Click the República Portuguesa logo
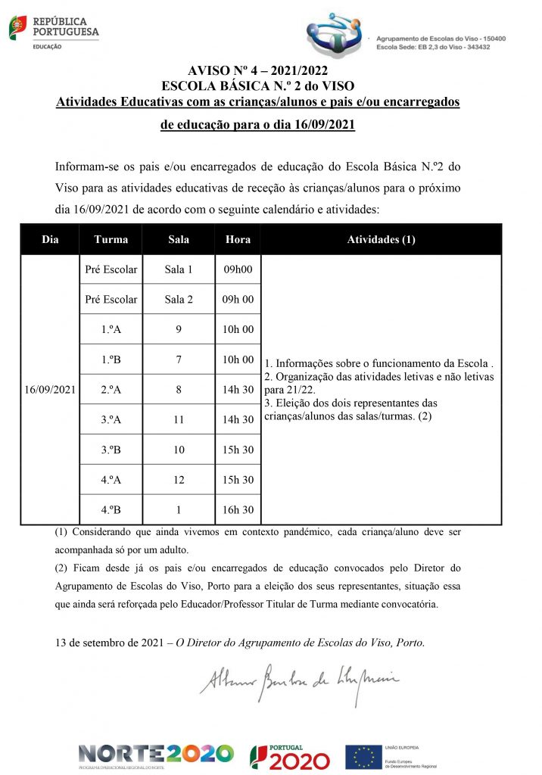click(54, 30)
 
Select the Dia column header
click(50, 240)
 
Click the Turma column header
click(111, 240)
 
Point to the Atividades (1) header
click(381, 240)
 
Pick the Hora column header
click(238, 240)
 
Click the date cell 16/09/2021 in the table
click(50, 390)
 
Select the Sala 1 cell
click(179, 269)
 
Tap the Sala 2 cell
click(179, 300)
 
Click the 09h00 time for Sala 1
click(238, 269)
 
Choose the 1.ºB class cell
click(111, 359)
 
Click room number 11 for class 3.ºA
click(179, 419)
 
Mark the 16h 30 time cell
click(238, 510)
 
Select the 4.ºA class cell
click(111, 480)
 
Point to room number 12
click(179, 480)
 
